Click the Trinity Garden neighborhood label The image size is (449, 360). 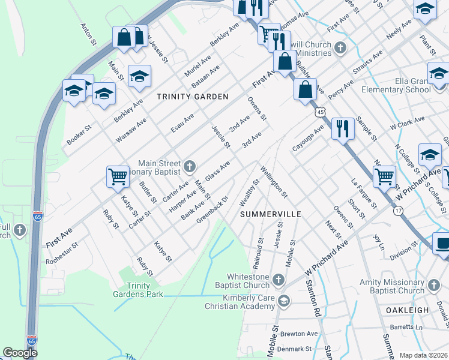(193, 96)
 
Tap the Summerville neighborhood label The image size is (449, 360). (270, 214)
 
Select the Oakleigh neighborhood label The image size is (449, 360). (407, 310)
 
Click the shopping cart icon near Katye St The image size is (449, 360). (118, 176)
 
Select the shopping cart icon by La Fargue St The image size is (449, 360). (384, 176)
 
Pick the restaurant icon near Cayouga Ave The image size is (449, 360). (342, 127)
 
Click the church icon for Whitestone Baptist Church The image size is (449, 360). (278, 280)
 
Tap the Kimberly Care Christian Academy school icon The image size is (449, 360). (284, 301)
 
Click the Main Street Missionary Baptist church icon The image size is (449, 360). (189, 166)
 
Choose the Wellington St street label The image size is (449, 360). (274, 182)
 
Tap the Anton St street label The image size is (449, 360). (88, 35)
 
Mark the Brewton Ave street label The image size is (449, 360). (303, 334)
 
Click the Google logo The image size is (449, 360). (20, 353)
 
